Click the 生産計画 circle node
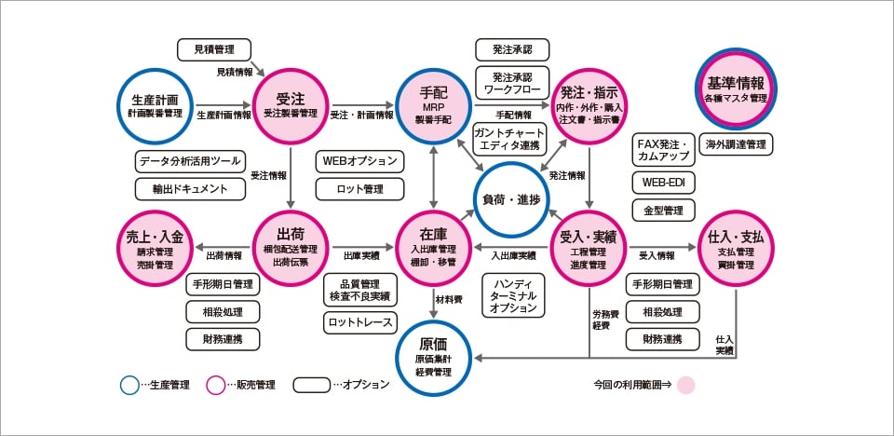(x=156, y=103)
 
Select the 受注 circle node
(x=291, y=103)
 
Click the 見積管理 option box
(x=214, y=48)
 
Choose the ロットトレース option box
(x=360, y=322)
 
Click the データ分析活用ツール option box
(x=190, y=161)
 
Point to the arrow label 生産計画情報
(x=224, y=116)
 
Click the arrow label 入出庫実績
(x=513, y=255)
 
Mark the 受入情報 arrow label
(x=657, y=255)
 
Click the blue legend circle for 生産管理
(x=129, y=384)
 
